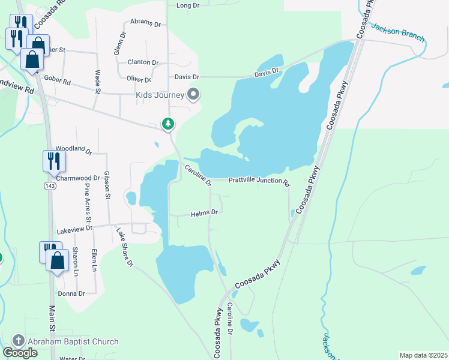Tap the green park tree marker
(168, 124)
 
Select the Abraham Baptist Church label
(74, 341)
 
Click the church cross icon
(18, 341)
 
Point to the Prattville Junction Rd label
(259, 181)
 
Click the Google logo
(20, 353)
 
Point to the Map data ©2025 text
(423, 355)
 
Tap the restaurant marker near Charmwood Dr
(53, 161)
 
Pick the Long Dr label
(188, 5)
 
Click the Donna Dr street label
(71, 293)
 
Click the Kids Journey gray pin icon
(193, 94)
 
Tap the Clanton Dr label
(143, 62)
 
